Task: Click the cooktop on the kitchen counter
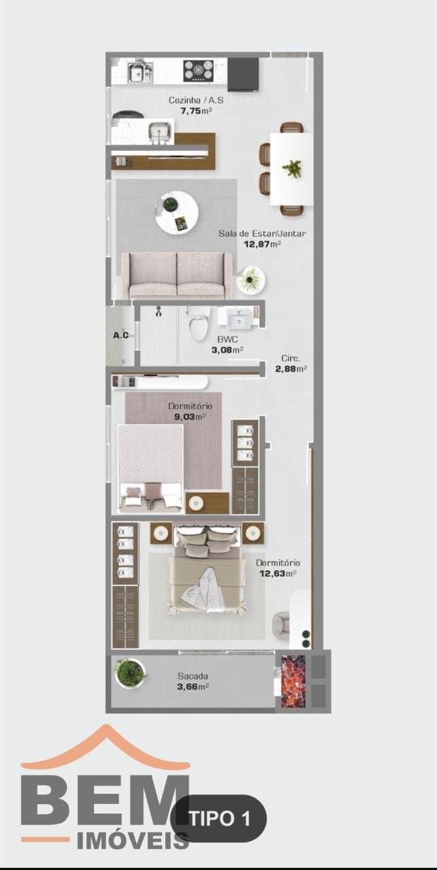(x=198, y=71)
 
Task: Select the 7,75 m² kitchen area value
(x=196, y=111)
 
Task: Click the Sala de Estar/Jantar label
(x=261, y=233)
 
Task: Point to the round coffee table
(x=177, y=213)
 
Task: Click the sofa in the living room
(x=177, y=275)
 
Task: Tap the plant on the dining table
(x=292, y=169)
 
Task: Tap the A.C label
(x=121, y=335)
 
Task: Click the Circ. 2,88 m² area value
(x=291, y=368)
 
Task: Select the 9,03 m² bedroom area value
(x=190, y=417)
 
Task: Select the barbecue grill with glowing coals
(x=293, y=681)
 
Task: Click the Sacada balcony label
(x=193, y=676)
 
